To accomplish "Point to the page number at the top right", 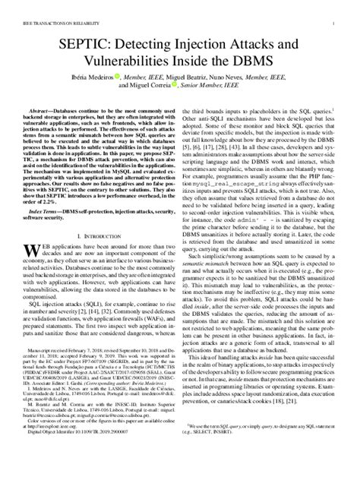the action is click(333, 11).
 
